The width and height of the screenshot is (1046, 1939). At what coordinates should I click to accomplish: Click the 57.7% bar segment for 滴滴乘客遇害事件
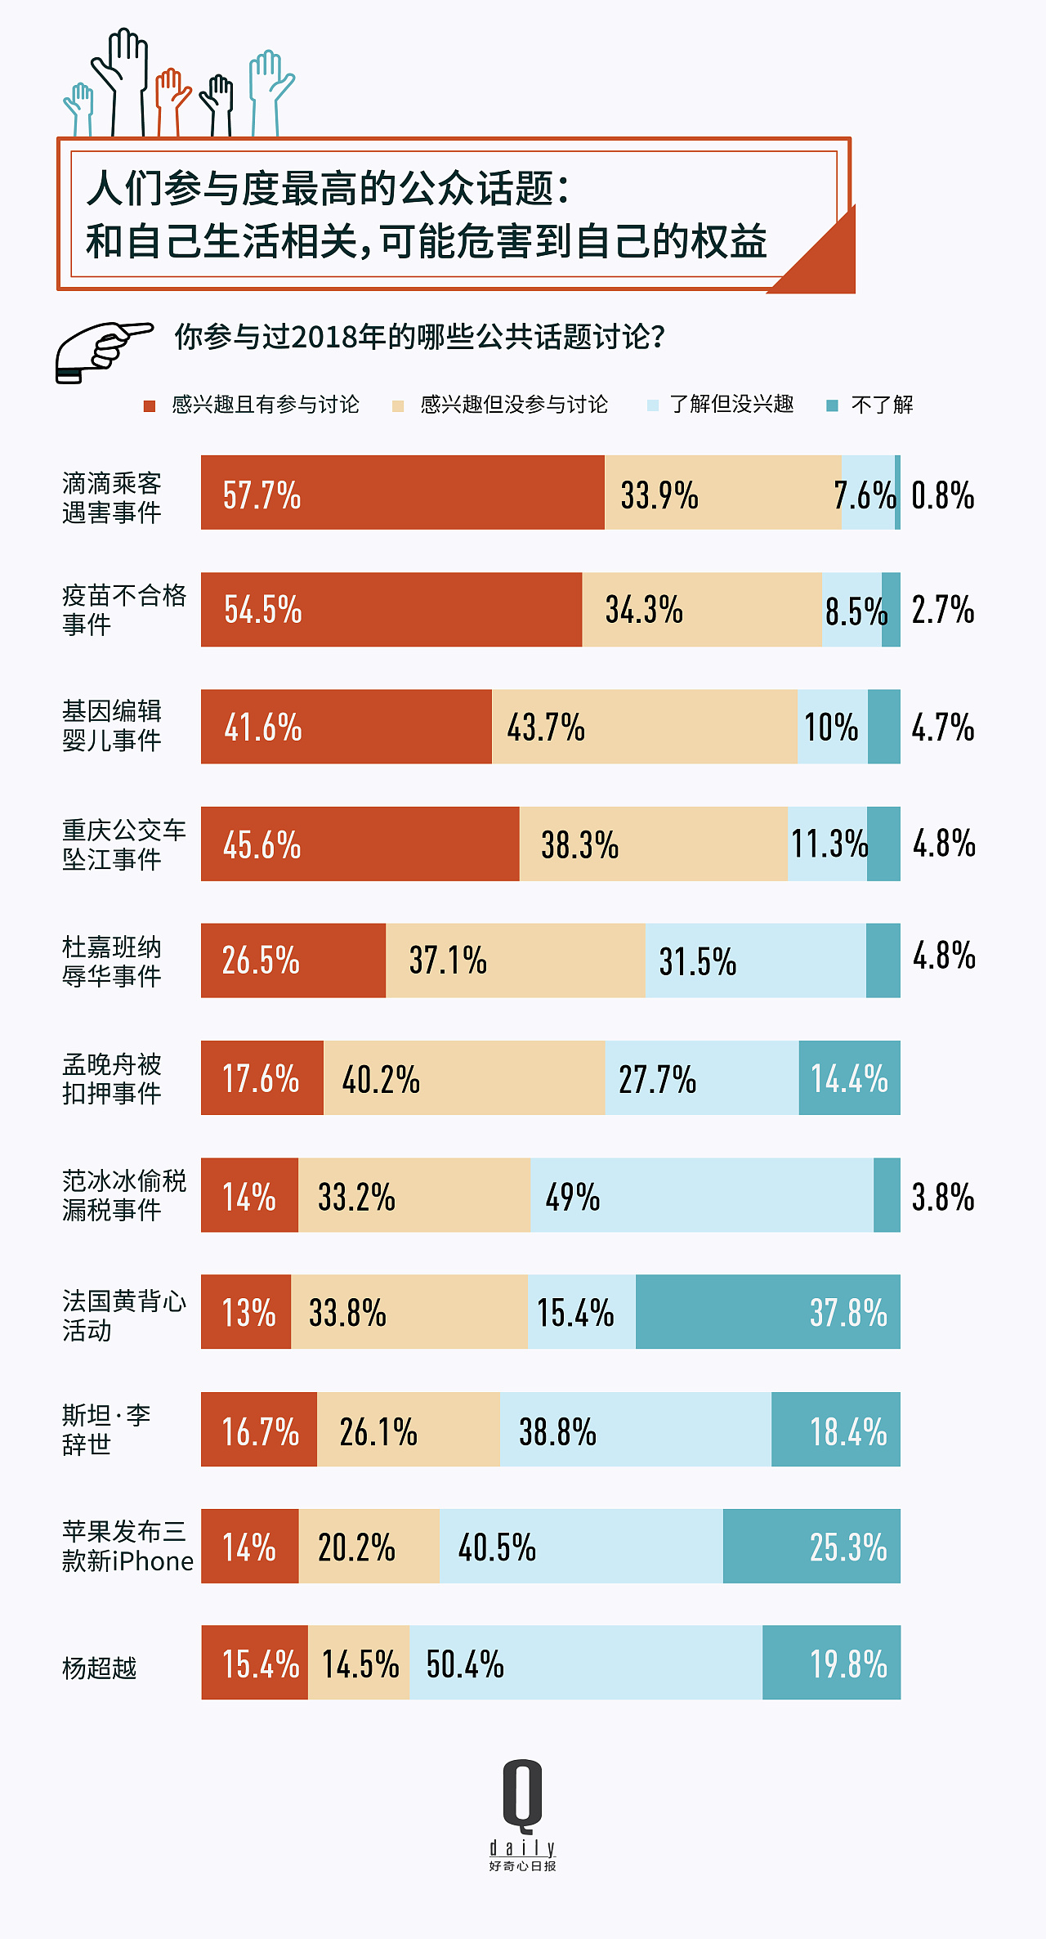tap(402, 493)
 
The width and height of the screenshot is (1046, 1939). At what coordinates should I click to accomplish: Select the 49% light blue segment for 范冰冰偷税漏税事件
tap(701, 1195)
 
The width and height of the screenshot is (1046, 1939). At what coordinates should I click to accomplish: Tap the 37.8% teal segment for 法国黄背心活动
tap(767, 1312)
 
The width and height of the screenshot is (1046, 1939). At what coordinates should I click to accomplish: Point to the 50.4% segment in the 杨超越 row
tap(585, 1663)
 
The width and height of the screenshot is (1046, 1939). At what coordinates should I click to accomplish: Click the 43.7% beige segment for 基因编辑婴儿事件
tap(644, 727)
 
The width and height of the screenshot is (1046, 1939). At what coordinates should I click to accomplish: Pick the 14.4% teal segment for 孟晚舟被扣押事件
tap(849, 1078)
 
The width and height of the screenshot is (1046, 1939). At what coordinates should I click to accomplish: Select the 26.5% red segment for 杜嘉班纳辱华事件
tap(293, 961)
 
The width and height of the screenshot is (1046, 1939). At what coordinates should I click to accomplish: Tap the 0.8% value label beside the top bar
tap(942, 495)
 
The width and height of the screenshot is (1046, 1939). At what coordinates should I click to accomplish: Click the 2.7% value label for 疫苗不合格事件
tap(942, 610)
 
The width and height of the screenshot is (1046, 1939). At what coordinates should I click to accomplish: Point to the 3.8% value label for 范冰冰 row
tap(942, 1198)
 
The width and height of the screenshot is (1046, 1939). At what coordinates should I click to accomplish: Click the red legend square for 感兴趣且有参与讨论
tap(150, 406)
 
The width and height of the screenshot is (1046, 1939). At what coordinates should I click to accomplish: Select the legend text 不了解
tap(882, 405)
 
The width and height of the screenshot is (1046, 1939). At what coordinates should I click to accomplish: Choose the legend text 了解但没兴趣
tap(731, 405)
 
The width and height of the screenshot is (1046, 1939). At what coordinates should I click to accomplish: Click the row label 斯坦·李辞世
tap(106, 1430)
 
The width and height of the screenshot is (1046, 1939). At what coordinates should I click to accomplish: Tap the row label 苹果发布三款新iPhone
tap(127, 1547)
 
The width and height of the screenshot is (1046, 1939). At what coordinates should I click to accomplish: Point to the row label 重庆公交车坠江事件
tap(123, 844)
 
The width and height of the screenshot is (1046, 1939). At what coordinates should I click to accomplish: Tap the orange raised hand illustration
tap(172, 98)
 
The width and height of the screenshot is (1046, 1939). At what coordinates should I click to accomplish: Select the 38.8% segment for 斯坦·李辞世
tap(635, 1430)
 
